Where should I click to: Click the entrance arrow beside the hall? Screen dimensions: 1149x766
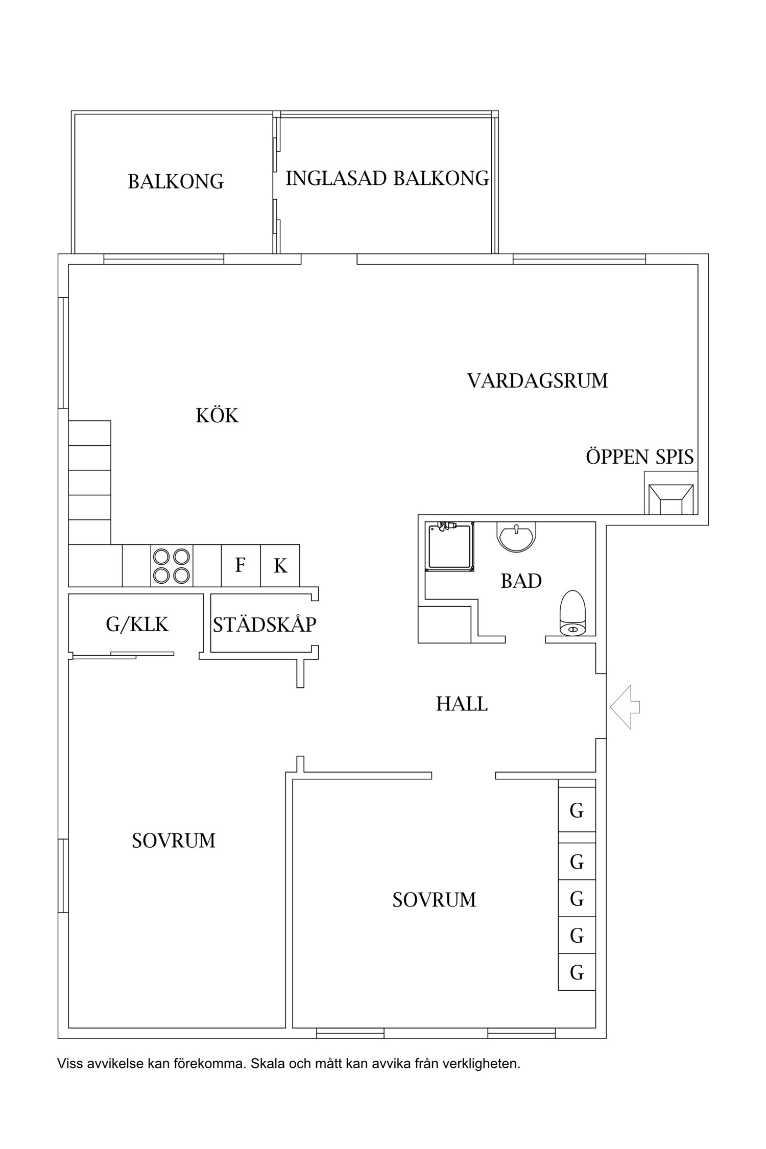tap(624, 707)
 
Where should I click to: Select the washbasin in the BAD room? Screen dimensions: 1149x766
tap(516, 536)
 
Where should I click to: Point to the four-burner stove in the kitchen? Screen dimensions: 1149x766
tap(172, 566)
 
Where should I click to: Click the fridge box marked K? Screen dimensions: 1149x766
tap(280, 566)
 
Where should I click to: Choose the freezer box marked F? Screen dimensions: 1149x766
tap(241, 566)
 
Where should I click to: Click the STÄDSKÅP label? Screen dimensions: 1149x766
tap(265, 625)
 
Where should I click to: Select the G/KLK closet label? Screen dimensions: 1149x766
tap(137, 624)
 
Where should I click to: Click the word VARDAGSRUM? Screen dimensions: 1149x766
tap(537, 381)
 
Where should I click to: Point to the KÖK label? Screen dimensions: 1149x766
tap(217, 416)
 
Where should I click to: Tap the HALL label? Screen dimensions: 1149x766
tap(462, 704)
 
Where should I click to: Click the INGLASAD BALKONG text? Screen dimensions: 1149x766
tap(387, 178)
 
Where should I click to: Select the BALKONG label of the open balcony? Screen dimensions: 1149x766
tap(176, 182)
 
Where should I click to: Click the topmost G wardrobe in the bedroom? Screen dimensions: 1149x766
tap(577, 811)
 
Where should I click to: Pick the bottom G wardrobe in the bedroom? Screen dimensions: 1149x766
tap(577, 973)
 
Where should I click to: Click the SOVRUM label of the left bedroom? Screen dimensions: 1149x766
tap(174, 841)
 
